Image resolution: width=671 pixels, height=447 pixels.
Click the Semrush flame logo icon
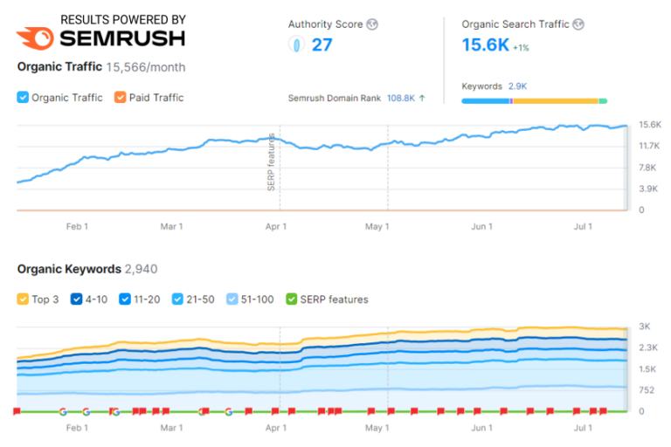(35, 38)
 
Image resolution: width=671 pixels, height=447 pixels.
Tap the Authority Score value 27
(322, 45)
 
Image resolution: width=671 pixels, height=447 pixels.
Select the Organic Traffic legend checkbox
(23, 98)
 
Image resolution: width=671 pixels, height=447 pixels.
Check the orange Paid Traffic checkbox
(121, 98)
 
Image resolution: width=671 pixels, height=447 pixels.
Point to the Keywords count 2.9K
(516, 86)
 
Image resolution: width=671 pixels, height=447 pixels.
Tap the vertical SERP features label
(272, 162)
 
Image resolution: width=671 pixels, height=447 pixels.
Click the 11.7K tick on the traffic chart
(647, 146)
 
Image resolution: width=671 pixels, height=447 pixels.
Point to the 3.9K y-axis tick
(647, 189)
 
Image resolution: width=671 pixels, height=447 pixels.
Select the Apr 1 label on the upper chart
(276, 227)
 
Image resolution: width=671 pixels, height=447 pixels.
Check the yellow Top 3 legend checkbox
(23, 299)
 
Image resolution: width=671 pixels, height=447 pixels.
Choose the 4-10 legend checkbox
(76, 299)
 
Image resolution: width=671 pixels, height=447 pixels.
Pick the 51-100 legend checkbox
(232, 299)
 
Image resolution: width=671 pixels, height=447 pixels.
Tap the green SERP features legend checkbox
(292, 299)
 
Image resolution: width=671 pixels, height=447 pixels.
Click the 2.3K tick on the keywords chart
(647, 347)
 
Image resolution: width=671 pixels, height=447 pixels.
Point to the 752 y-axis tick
(647, 389)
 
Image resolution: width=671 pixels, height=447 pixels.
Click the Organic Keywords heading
(69, 269)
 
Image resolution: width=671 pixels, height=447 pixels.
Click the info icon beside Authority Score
(372, 24)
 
